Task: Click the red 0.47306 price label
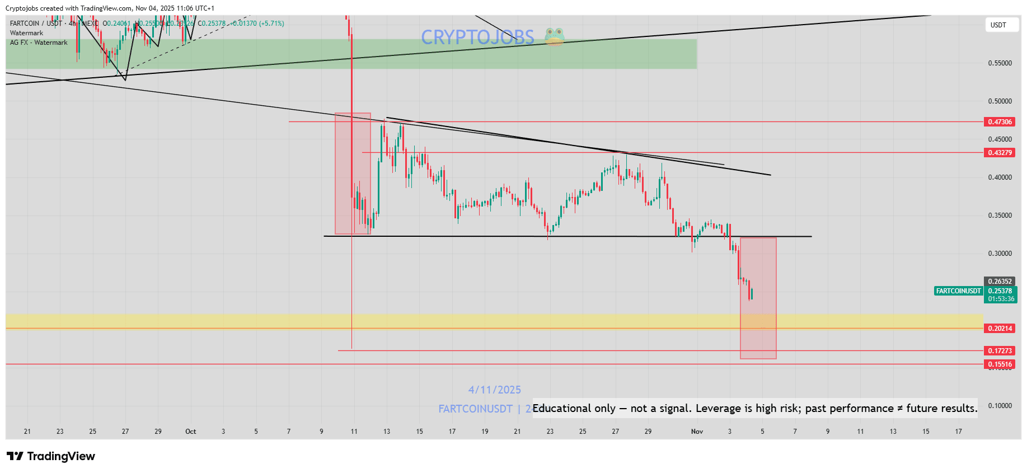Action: pyautogui.click(x=1000, y=122)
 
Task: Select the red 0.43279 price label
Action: pyautogui.click(x=1000, y=153)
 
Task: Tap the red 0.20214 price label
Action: pyautogui.click(x=1000, y=329)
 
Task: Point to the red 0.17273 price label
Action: pyautogui.click(x=1000, y=351)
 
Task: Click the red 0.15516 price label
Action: pyautogui.click(x=1000, y=364)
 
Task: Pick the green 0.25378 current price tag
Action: pyautogui.click(x=1000, y=291)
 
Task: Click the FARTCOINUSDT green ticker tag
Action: pyautogui.click(x=958, y=291)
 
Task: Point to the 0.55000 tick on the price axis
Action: pyautogui.click(x=1000, y=63)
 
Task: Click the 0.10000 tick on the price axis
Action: pyautogui.click(x=1000, y=406)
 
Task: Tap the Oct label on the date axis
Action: pyautogui.click(x=191, y=432)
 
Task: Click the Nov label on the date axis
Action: pyautogui.click(x=697, y=432)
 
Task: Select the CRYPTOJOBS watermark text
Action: pyautogui.click(x=477, y=38)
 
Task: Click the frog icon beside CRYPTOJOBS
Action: pyautogui.click(x=554, y=37)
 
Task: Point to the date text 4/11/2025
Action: pyautogui.click(x=494, y=390)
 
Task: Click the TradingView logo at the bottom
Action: pyautogui.click(x=51, y=456)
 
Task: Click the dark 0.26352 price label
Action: pyautogui.click(x=1000, y=282)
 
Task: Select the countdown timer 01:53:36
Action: pyautogui.click(x=1001, y=299)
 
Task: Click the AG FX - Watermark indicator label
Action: pyautogui.click(x=39, y=43)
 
